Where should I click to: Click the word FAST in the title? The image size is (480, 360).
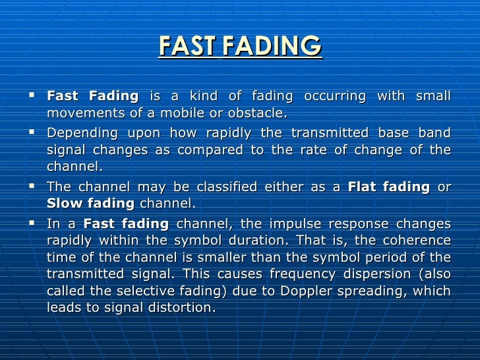click(187, 46)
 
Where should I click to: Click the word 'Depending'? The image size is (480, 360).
click(77, 132)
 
